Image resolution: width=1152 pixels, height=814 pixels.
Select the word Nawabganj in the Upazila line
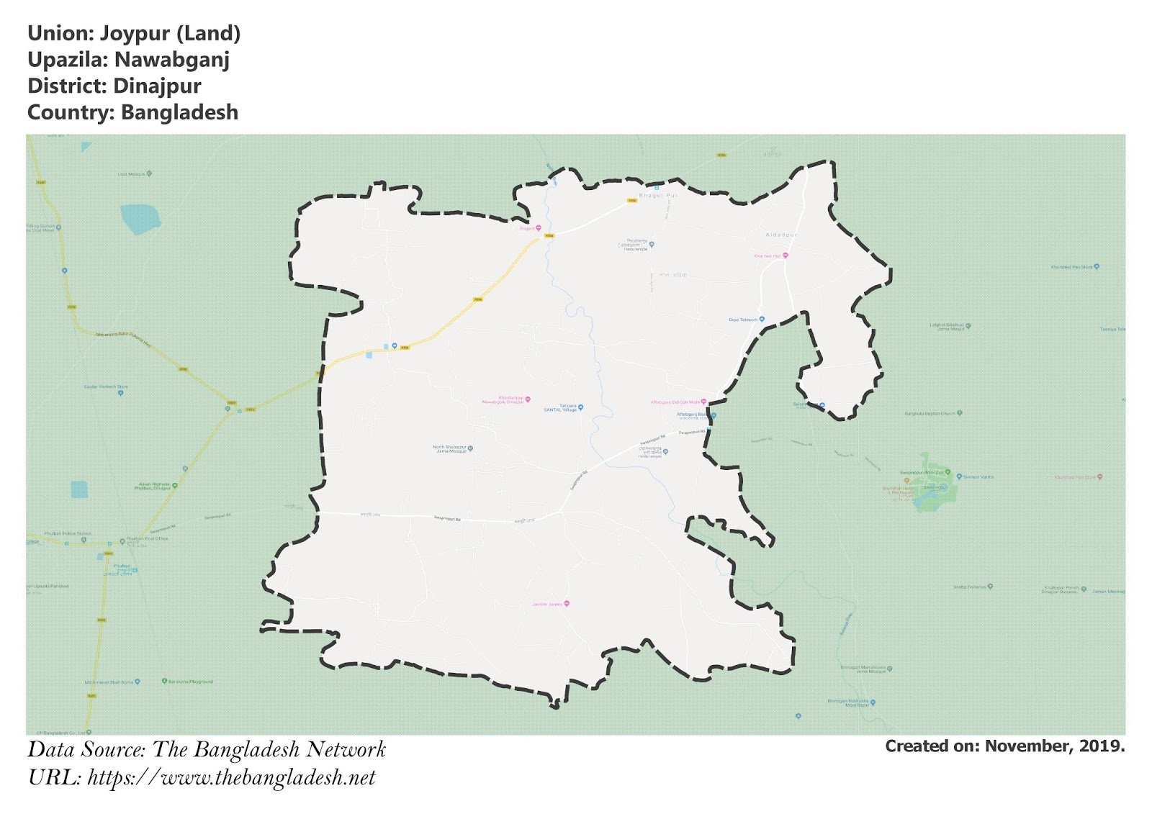pyautogui.click(x=171, y=60)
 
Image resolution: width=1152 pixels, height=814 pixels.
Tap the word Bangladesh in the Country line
pyautogui.click(x=179, y=112)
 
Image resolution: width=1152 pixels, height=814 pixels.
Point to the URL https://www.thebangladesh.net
pyautogui.click(x=231, y=777)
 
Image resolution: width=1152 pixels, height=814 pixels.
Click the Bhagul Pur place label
pyautogui.click(x=658, y=195)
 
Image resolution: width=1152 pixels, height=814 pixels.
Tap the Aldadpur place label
pyautogui.click(x=780, y=235)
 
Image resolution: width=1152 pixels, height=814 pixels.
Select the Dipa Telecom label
pyautogui.click(x=743, y=320)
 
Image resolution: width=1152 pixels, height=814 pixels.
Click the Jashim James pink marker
pyautogui.click(x=567, y=604)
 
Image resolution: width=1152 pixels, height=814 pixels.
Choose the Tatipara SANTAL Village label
pyautogui.click(x=560, y=407)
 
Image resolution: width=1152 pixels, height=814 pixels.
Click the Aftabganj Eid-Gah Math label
pyautogui.click(x=675, y=402)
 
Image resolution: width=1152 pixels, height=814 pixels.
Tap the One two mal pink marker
pyautogui.click(x=786, y=255)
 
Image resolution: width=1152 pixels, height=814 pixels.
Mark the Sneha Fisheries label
pyautogui.click(x=969, y=587)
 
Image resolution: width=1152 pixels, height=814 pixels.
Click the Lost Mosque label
pyautogui.click(x=132, y=174)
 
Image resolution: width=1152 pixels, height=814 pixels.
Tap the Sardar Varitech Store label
pyautogui.click(x=106, y=387)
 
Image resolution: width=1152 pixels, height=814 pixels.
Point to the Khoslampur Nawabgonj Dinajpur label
pyautogui.click(x=503, y=400)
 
